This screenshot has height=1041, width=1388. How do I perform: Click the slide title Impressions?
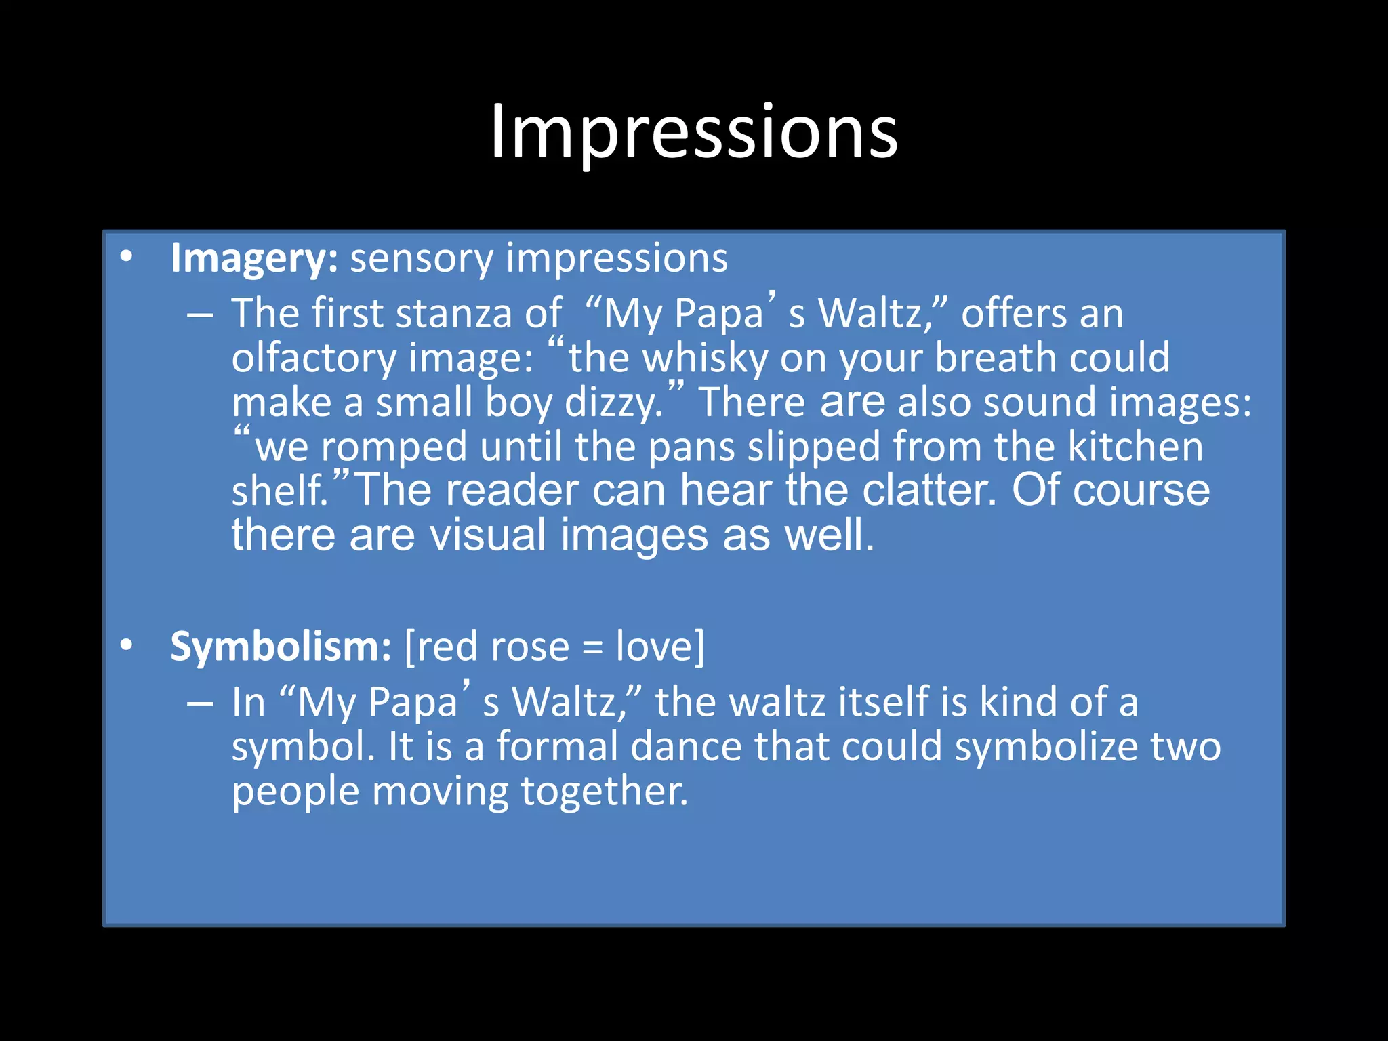694,131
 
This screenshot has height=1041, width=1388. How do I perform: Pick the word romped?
394,447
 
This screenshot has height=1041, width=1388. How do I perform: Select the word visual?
488,535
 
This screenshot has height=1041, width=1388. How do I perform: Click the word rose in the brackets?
530,647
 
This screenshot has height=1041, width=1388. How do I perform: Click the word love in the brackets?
655,647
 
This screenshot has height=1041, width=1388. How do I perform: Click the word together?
604,792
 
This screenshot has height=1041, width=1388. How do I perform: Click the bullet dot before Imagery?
126,258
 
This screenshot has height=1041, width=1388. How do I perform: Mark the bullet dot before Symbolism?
126,646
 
